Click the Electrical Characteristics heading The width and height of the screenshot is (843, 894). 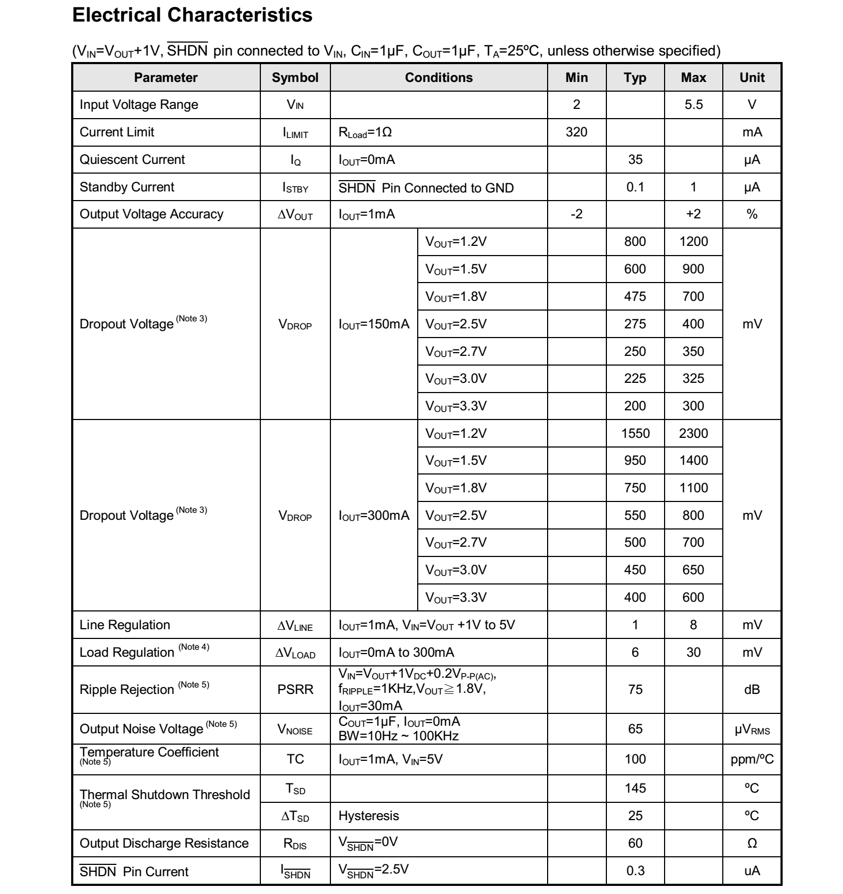point(192,15)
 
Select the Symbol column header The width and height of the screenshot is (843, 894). point(295,78)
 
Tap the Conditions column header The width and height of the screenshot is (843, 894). point(439,78)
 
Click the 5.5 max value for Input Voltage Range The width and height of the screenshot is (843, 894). point(693,105)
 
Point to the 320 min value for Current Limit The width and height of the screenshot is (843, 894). point(576,132)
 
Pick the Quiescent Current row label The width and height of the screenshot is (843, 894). point(132,160)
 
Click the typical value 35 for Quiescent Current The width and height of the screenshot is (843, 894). point(635,160)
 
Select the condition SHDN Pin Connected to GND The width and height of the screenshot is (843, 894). point(426,188)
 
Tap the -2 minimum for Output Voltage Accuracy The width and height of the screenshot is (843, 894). point(576,214)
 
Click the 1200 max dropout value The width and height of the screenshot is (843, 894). point(693,242)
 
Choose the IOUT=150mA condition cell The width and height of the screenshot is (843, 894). point(374,324)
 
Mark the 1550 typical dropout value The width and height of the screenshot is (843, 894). point(635,434)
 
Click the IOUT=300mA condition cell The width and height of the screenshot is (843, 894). point(374,515)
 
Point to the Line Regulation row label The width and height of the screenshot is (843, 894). point(125,625)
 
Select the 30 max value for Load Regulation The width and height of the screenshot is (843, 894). point(693,652)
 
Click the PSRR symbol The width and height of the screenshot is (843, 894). point(295,690)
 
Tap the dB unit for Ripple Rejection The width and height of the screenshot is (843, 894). point(751,690)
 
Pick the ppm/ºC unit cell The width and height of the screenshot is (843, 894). point(751,759)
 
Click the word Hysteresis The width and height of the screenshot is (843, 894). point(369,816)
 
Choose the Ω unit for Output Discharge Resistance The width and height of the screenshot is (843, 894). point(751,843)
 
